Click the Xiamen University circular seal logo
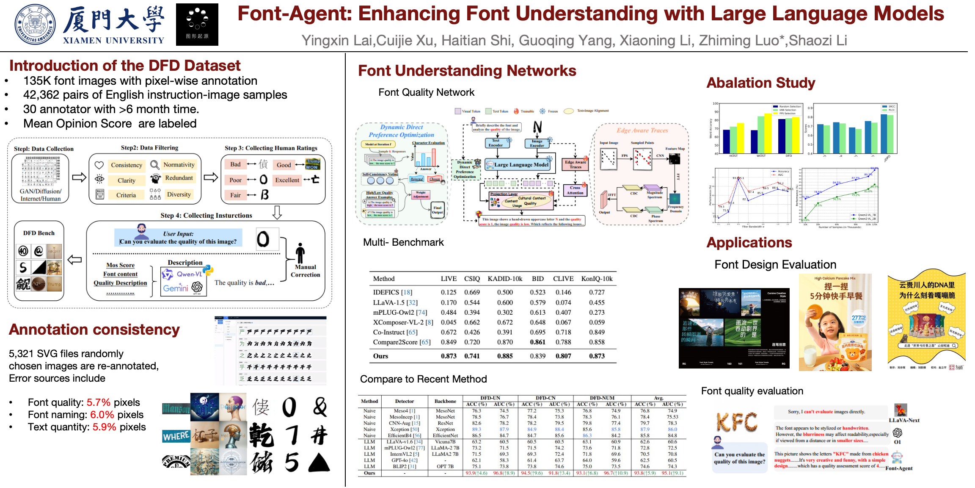35,25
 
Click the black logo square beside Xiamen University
197,25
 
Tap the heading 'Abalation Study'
760,83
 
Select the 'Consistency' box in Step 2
126,165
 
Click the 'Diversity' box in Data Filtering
179,194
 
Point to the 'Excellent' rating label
287,180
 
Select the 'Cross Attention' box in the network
575,190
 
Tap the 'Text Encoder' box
496,143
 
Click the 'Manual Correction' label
305,271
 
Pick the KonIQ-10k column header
597,279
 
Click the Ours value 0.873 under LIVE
449,356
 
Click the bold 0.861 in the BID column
537,342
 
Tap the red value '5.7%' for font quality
98,402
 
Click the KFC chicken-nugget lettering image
737,421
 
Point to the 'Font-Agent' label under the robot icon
899,468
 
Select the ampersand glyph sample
320,407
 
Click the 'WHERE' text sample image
176,436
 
